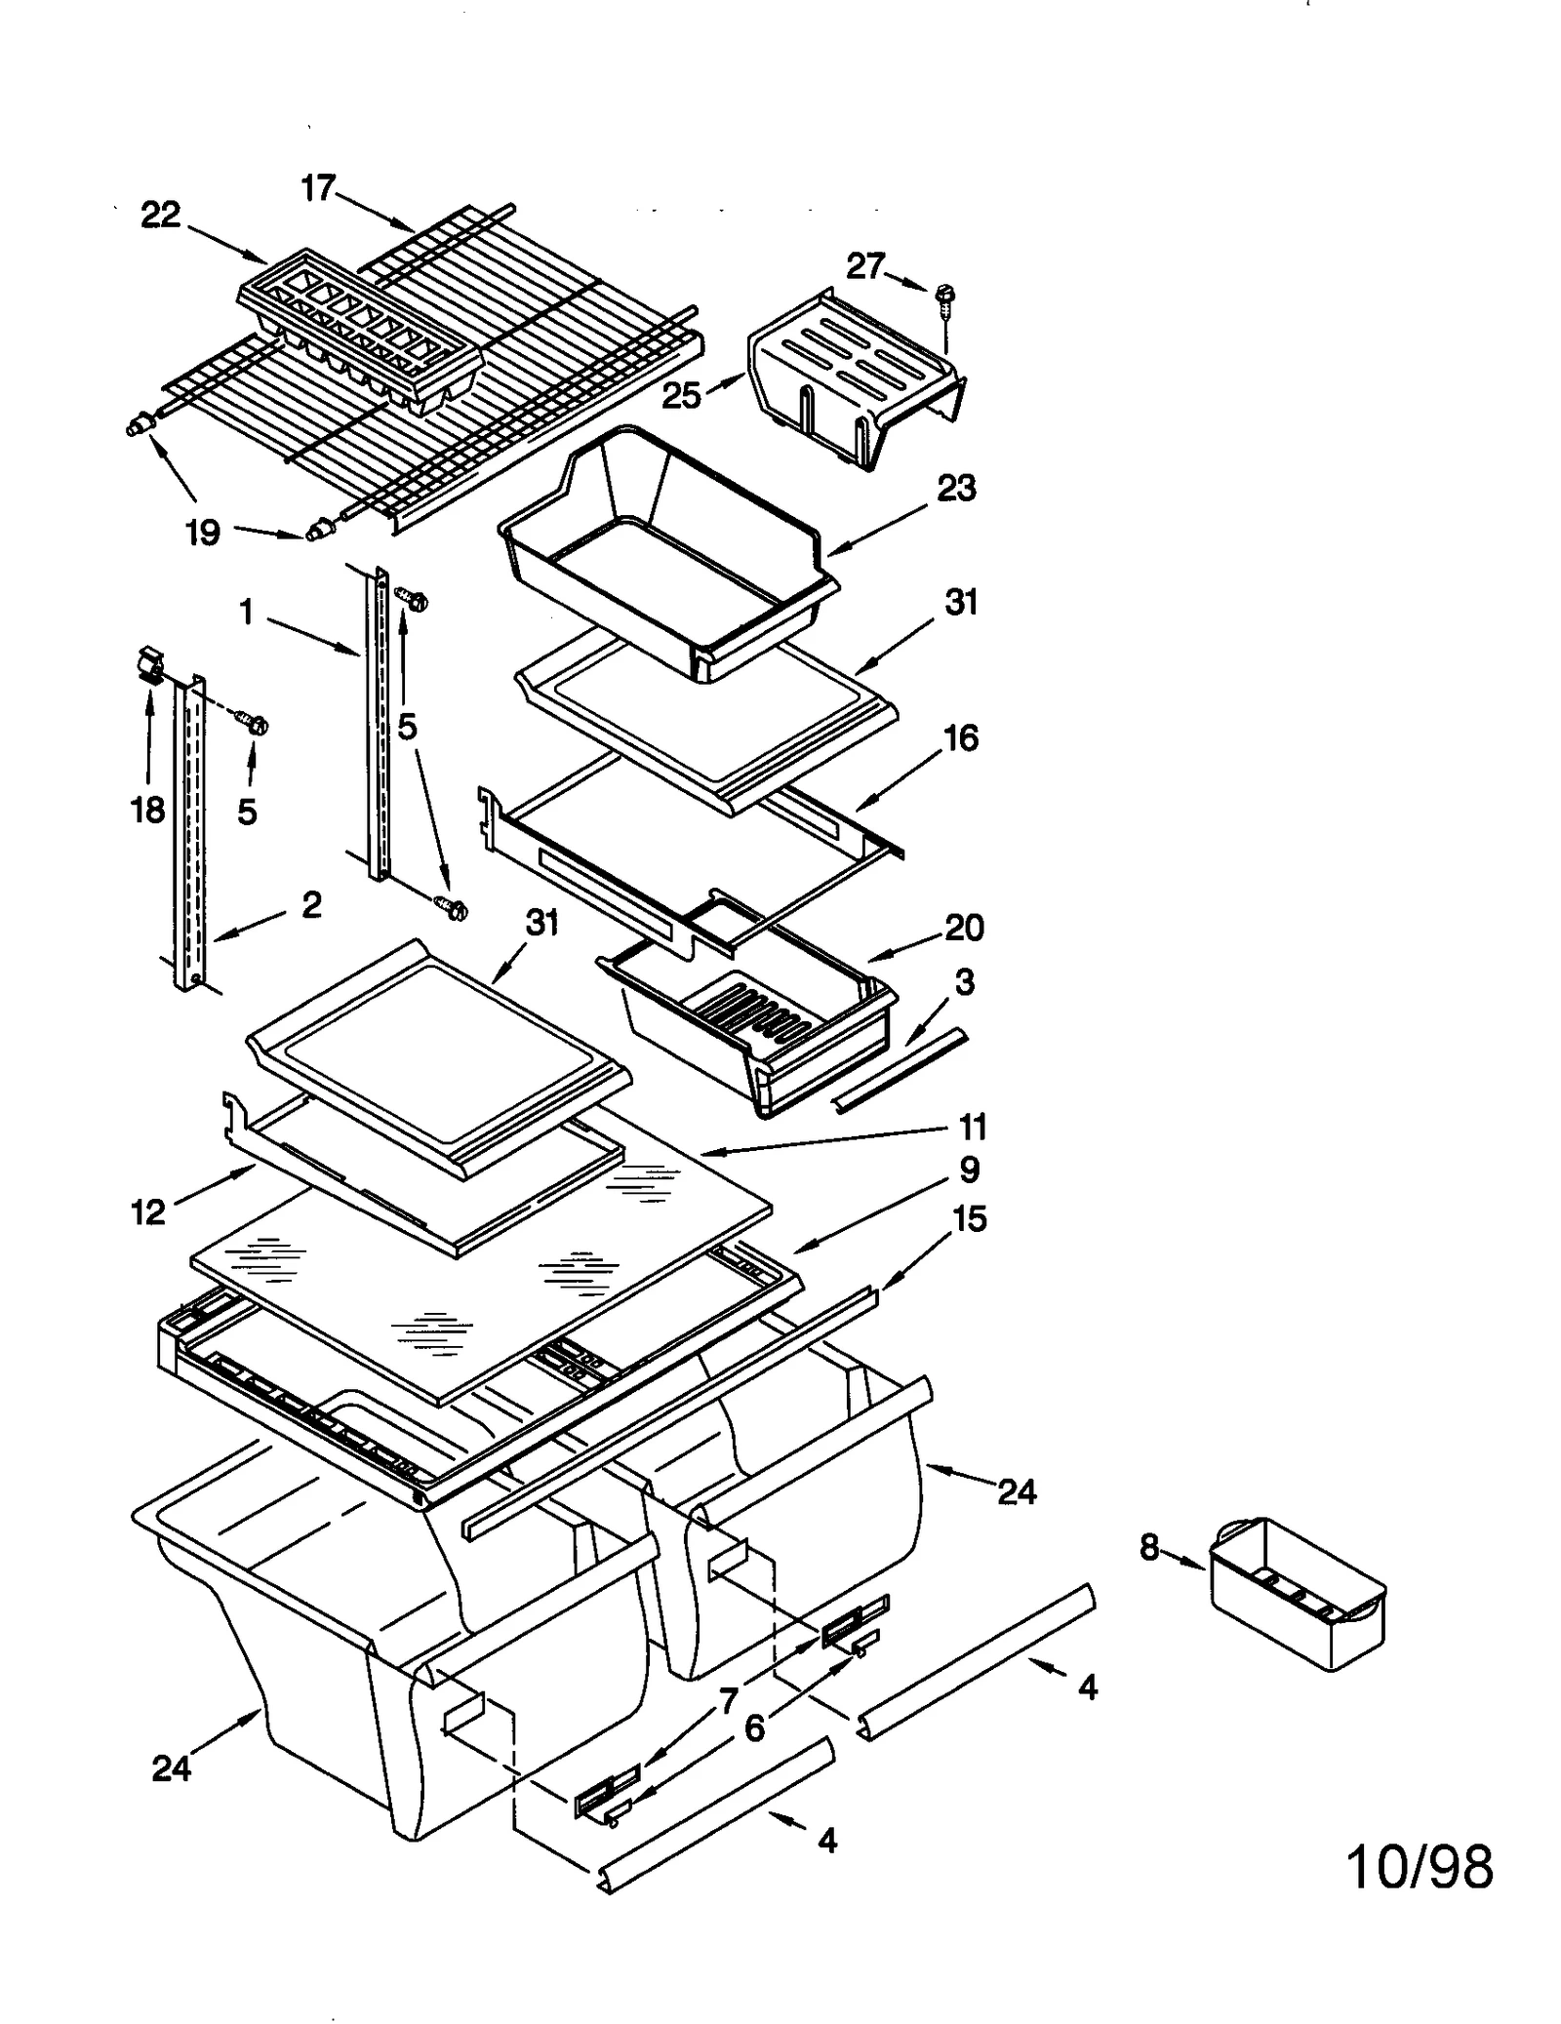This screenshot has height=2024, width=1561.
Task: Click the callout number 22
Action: pos(161,216)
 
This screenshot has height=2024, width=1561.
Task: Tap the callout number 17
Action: pos(318,187)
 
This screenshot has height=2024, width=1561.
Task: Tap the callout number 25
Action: pos(681,395)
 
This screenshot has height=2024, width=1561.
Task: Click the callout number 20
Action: pos(964,927)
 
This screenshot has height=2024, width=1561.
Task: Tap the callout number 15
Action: pos(970,1218)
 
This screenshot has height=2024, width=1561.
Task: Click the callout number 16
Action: pos(961,738)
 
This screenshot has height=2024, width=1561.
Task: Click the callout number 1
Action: pos(246,613)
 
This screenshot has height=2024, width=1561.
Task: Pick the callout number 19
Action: pos(203,533)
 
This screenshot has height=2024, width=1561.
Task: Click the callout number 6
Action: pos(754,1729)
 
